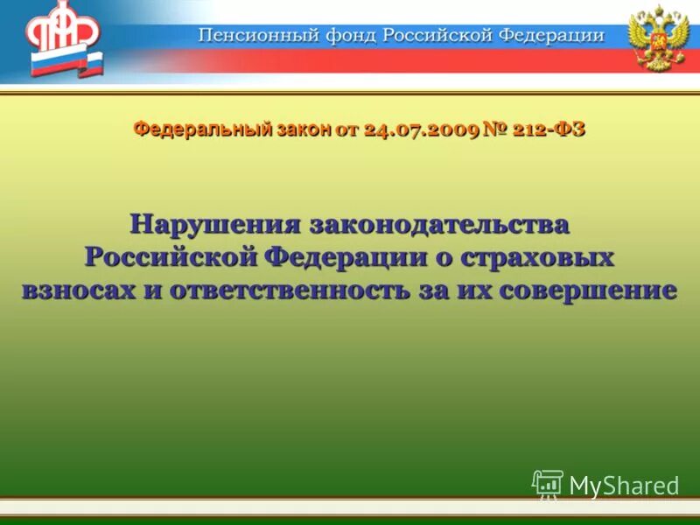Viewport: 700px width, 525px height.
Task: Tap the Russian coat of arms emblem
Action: pos(660,38)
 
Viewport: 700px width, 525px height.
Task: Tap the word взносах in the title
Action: pos(76,290)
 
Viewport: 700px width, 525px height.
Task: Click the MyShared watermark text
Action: pos(624,486)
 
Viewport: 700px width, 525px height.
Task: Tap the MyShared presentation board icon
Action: pos(548,484)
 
